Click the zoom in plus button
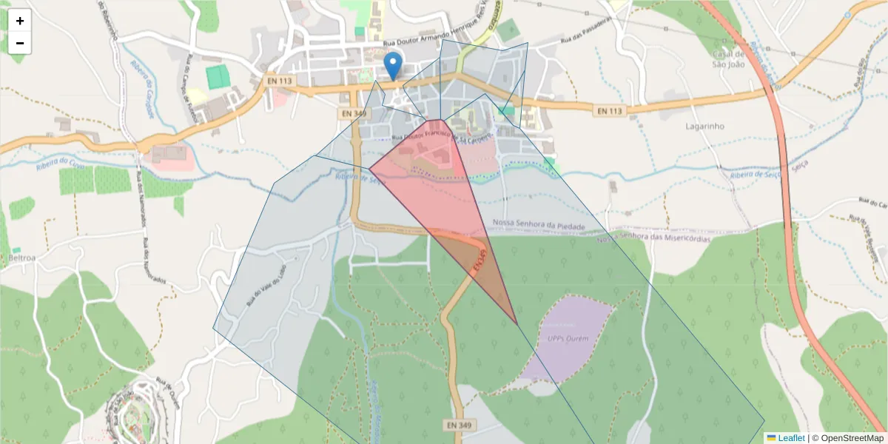[x=20, y=21]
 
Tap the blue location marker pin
[x=394, y=66]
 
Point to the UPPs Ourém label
[x=568, y=338]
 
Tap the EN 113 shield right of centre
[x=610, y=111]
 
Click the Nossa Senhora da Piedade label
[x=539, y=224]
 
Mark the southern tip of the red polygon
[x=517, y=324]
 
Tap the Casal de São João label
[x=727, y=58]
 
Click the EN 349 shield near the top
[x=354, y=113]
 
